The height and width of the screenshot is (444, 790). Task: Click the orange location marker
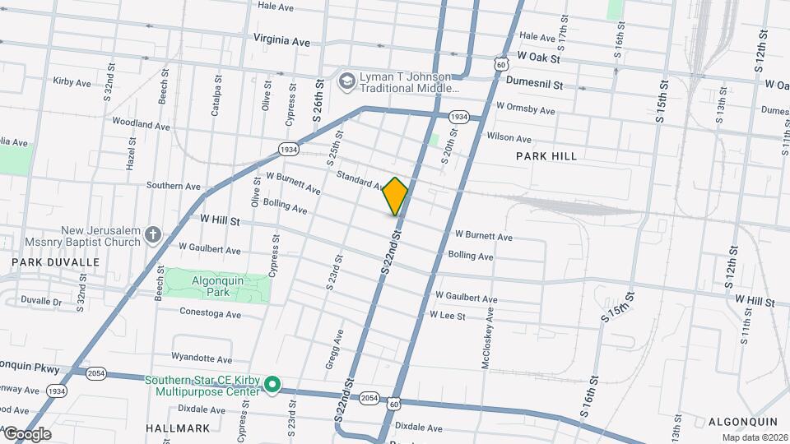tap(396, 196)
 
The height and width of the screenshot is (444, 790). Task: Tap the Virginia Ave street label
tap(281, 39)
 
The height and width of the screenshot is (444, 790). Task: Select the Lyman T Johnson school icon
tap(346, 80)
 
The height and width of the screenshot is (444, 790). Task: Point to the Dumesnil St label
tap(534, 84)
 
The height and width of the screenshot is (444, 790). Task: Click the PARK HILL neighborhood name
tap(546, 155)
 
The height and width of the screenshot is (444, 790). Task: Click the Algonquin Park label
tap(217, 286)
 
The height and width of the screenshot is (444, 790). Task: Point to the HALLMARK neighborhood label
tap(178, 428)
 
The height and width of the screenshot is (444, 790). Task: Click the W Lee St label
tap(447, 316)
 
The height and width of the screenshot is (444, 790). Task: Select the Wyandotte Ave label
tap(202, 358)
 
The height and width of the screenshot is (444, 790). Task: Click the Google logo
tap(26, 434)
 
